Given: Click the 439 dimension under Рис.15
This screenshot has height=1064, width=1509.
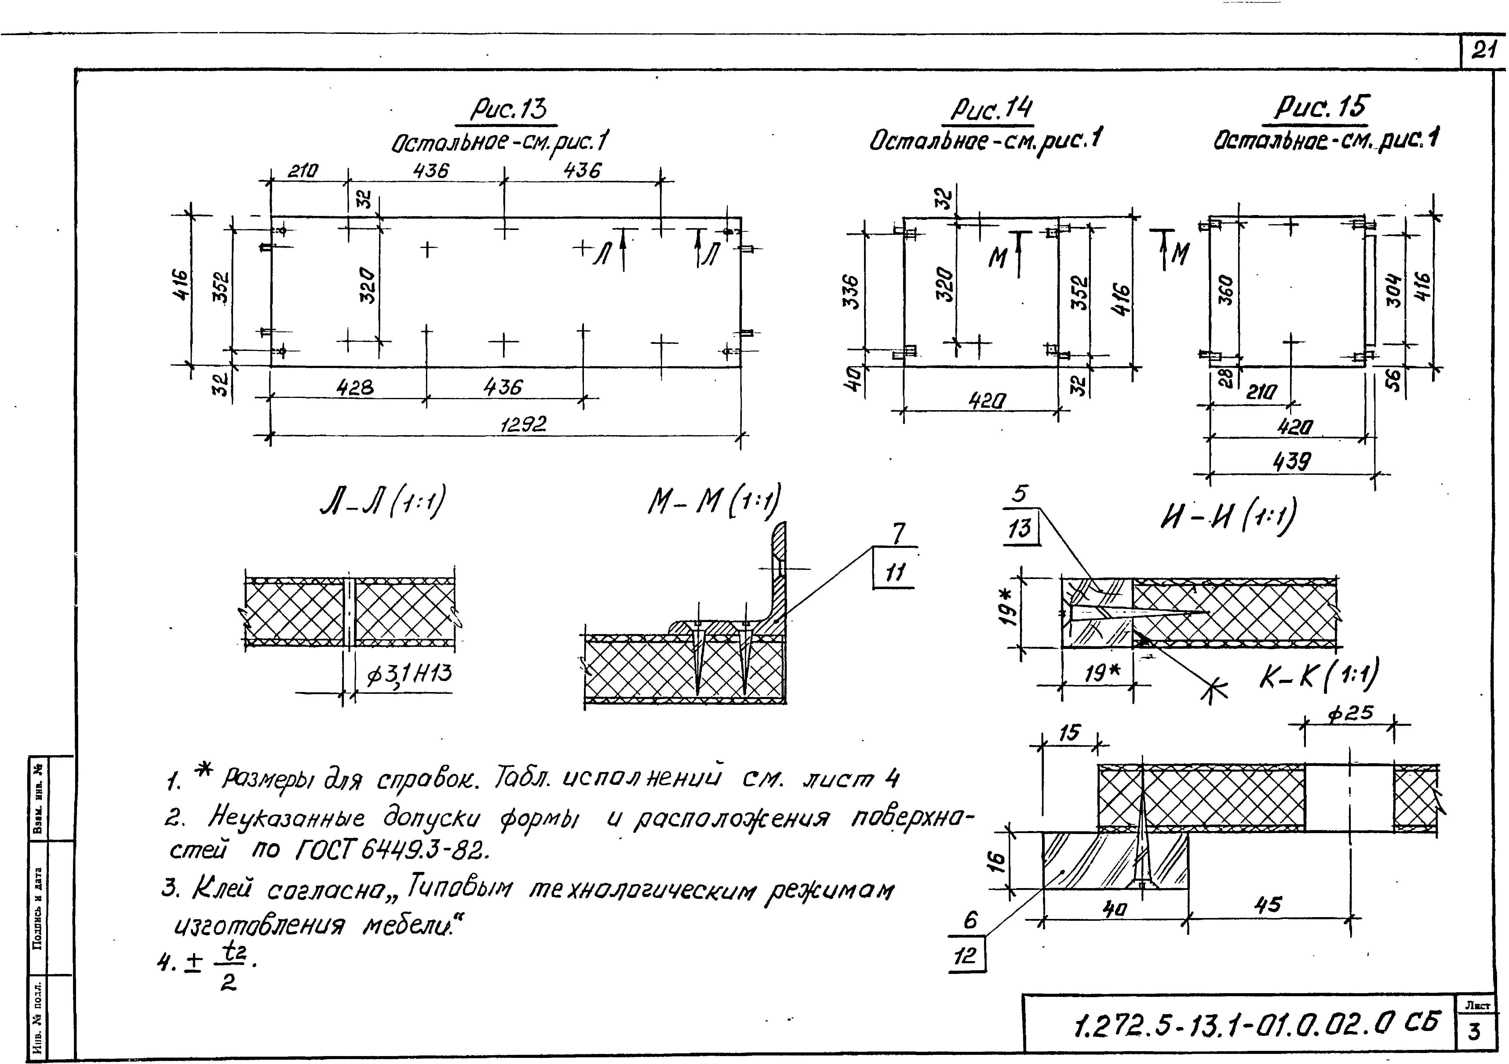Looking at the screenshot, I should tap(1292, 462).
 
